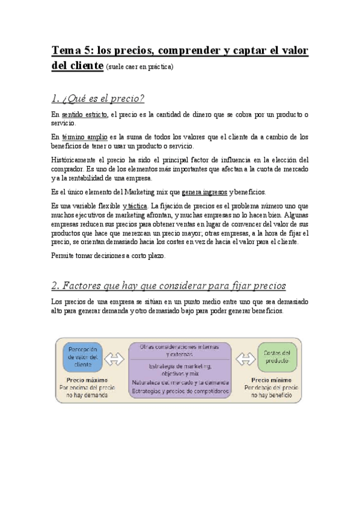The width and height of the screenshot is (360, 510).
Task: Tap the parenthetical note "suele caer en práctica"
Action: point(139,67)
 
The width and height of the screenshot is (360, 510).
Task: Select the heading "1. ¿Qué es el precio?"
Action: point(98,98)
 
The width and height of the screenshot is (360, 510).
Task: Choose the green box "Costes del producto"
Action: point(277,357)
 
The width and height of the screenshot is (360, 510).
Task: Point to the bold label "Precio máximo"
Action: point(82,380)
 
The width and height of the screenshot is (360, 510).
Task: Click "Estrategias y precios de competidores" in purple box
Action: point(180,391)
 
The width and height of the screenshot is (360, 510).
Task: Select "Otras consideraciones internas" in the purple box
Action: point(180,347)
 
